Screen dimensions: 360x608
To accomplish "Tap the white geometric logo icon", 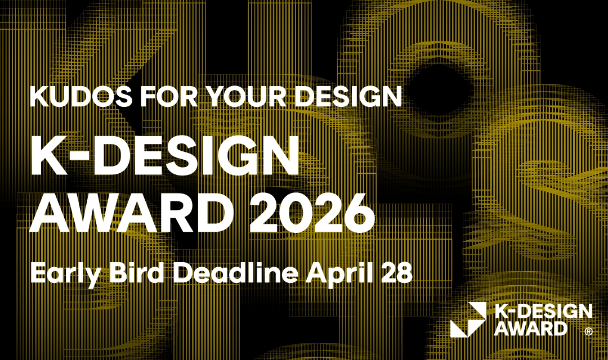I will click(467, 319).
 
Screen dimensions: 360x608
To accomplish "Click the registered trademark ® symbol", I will click(588, 332).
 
